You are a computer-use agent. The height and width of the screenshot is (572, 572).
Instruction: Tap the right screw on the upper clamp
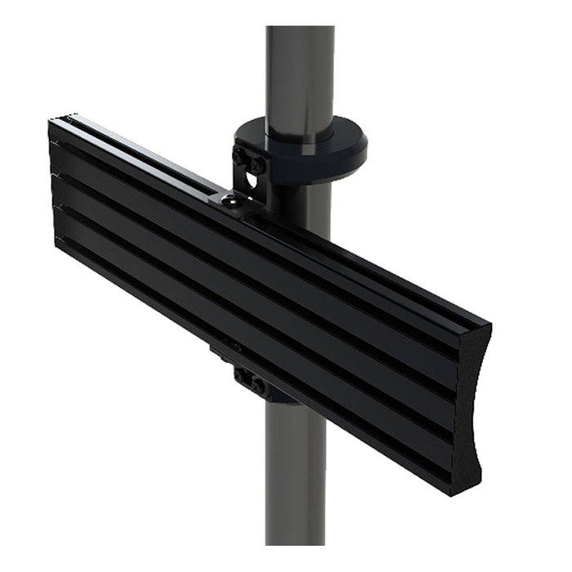tap(257, 165)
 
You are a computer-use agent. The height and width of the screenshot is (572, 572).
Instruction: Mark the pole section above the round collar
tap(300, 74)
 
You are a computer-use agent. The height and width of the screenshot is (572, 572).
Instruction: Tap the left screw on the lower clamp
tap(243, 378)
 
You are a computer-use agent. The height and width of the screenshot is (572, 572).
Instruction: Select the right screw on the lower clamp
tap(259, 385)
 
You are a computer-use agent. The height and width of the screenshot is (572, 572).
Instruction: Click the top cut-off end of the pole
tap(300, 29)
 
